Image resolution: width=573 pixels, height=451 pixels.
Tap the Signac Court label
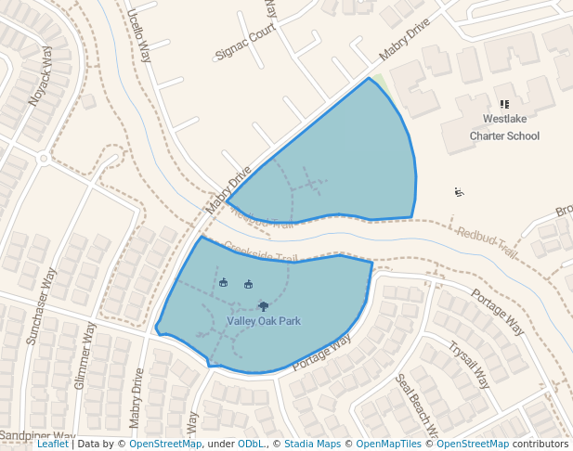[246, 40]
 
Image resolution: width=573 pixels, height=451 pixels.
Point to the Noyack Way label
[41, 78]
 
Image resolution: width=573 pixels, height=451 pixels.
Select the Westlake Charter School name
[504, 127]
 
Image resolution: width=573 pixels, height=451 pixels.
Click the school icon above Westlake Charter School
[504, 105]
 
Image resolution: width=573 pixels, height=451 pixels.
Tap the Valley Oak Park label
[264, 321]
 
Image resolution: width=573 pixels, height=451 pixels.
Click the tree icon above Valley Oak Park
[263, 305]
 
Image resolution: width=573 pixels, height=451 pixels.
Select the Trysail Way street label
[468, 365]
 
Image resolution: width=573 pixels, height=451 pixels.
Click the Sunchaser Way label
[41, 306]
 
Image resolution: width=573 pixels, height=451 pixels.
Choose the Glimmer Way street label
[85, 356]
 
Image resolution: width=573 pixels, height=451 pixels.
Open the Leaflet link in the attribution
[52, 445]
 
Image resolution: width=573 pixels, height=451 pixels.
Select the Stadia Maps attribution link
[311, 445]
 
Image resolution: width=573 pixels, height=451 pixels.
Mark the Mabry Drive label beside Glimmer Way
[137, 399]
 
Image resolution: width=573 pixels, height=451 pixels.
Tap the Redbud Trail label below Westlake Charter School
[488, 240]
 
